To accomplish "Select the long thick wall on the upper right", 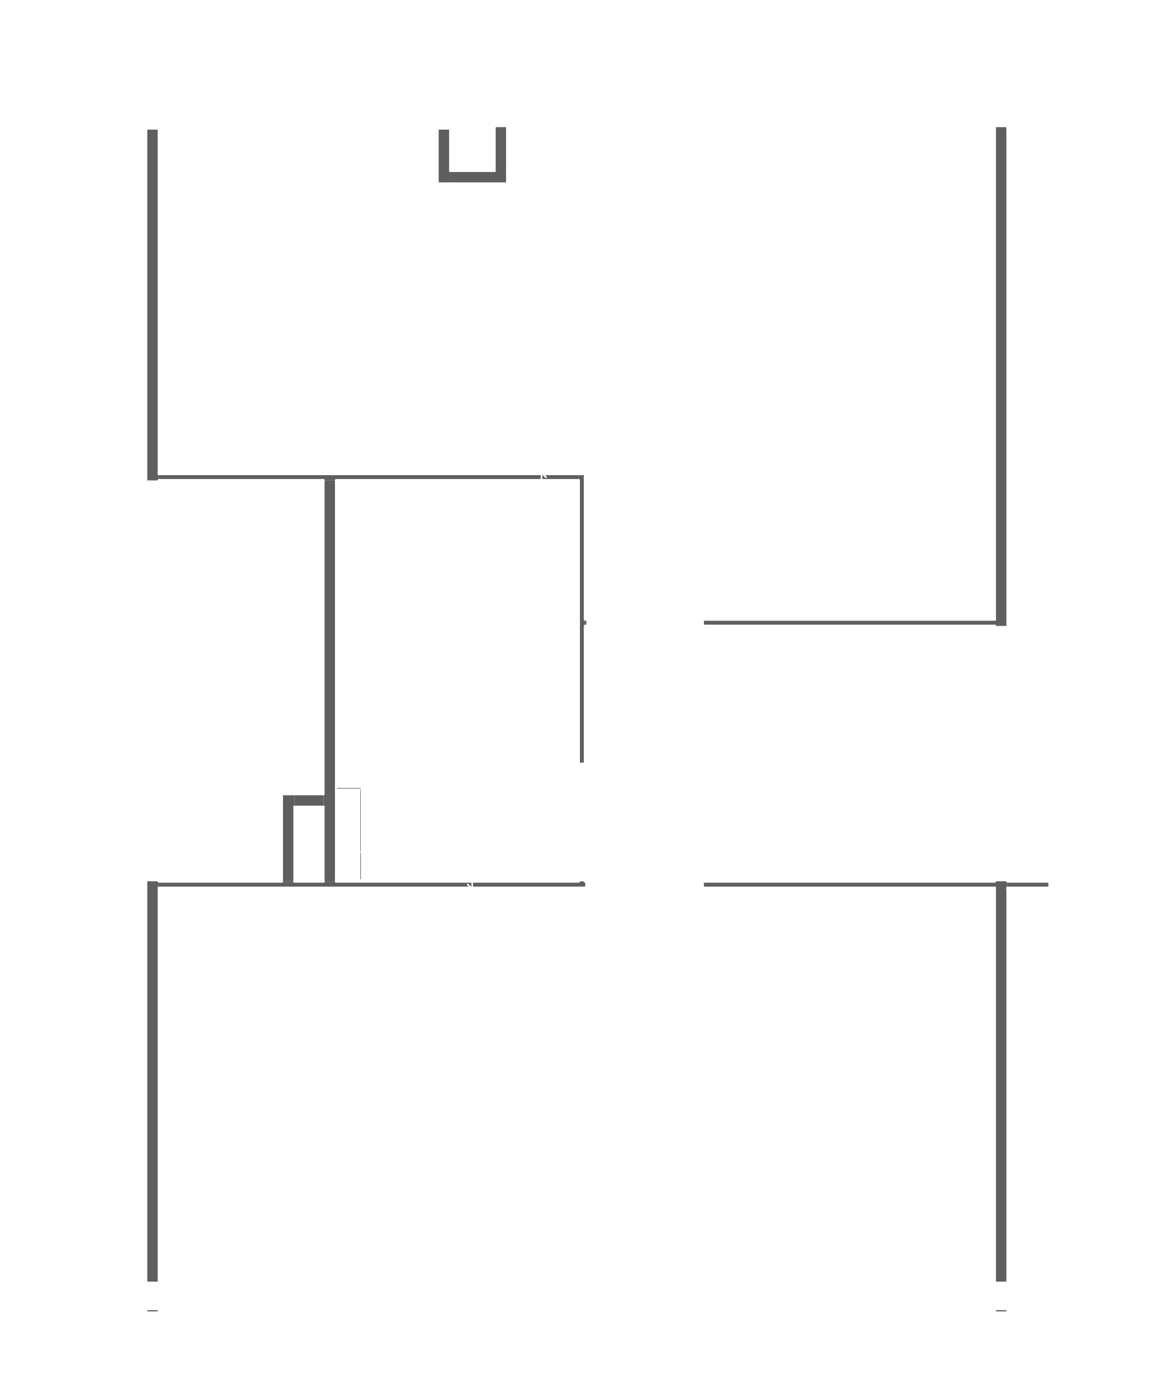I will pyautogui.click(x=1001, y=372).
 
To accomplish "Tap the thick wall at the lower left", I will pyautogui.click(x=152, y=1083).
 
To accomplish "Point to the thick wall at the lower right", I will pyautogui.click(x=1001, y=1083).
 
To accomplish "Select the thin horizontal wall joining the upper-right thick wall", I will pyautogui.click(x=851, y=622).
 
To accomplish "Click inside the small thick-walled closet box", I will pyautogui.click(x=308, y=844).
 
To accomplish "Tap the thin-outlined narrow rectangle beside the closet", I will pyautogui.click(x=348, y=834).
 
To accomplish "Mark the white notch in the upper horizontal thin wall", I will pyautogui.click(x=544, y=476).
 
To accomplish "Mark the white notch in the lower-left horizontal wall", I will pyautogui.click(x=470, y=885).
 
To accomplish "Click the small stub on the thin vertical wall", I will pyautogui.click(x=584, y=622).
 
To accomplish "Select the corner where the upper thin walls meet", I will pyautogui.click(x=582, y=477).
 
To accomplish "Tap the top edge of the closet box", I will pyautogui.click(x=306, y=800).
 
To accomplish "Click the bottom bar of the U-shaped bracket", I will pyautogui.click(x=472, y=177).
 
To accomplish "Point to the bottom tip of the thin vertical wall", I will pyautogui.click(x=582, y=761).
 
